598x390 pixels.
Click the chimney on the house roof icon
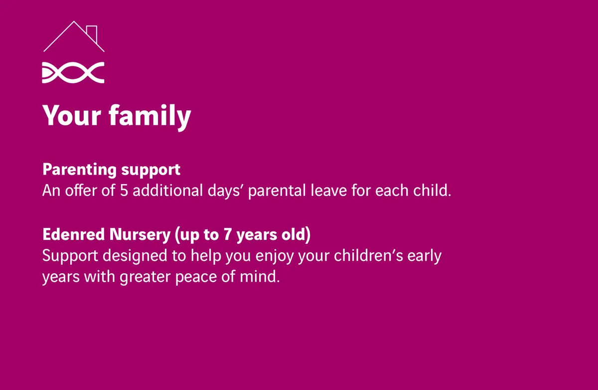pos(92,33)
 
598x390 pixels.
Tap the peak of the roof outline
pos(74,21)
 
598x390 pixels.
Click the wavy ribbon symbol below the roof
pos(73,73)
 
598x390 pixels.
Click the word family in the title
pos(150,117)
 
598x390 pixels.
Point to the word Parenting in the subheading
pos(80,170)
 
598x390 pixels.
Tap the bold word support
pos(151,171)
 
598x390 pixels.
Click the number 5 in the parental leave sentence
pos(124,191)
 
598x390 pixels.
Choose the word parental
pos(277,192)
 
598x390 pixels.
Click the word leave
pos(328,190)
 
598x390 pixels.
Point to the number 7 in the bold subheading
pos(227,234)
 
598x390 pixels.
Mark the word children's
pos(368,255)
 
